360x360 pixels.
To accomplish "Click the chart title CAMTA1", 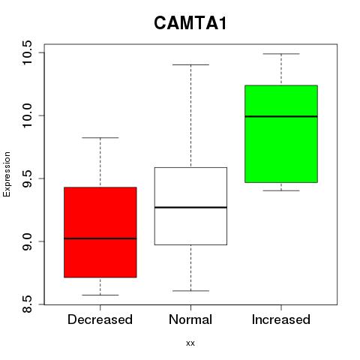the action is coord(190,23).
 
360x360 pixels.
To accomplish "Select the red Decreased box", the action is coord(100,232).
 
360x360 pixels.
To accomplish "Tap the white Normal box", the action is coord(190,206).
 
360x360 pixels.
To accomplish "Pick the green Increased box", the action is coord(281,134).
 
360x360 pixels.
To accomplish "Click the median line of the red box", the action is coord(100,238).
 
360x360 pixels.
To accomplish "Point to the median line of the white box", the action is coord(190,208).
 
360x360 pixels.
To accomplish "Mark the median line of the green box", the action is coord(281,116).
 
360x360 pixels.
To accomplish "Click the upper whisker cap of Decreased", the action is coord(100,138).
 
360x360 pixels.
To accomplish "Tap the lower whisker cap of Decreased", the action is coord(100,295).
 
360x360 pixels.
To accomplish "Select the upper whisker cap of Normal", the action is coord(190,64).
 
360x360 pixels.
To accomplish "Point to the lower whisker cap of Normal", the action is coord(190,291).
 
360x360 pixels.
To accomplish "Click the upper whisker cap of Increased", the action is coord(281,54).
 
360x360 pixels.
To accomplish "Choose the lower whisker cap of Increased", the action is coord(281,190).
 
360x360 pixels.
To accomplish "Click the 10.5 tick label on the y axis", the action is coord(27,52).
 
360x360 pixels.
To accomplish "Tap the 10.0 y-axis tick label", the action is coord(27,115).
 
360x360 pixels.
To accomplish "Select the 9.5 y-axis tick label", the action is coord(27,178).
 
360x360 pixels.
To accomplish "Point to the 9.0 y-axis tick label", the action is coord(27,241).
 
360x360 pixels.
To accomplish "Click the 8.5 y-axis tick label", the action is coord(27,304).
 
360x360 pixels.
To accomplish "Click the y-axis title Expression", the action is coord(7,174).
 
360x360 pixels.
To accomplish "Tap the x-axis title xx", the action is coord(190,343).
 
